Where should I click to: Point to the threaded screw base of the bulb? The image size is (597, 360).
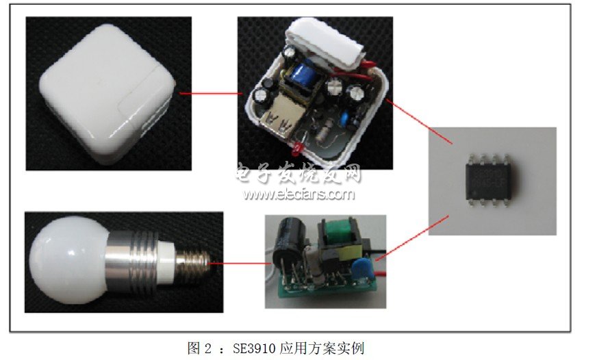pos(193,263)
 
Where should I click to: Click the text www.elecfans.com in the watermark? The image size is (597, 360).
pos(299,194)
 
